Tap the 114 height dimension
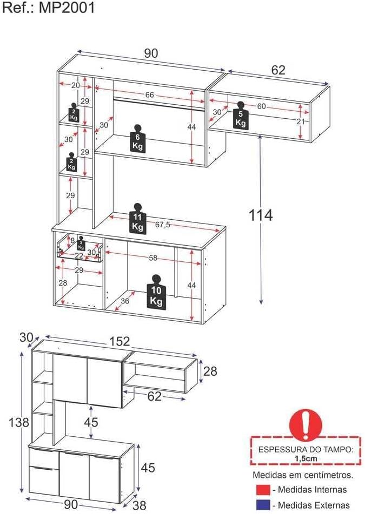click(x=261, y=215)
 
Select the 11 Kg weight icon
click(x=138, y=219)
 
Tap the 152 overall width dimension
click(x=120, y=341)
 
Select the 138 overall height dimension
click(x=11, y=423)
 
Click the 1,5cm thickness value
click(x=306, y=458)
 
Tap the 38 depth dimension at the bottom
click(x=140, y=505)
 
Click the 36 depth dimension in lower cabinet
click(x=125, y=301)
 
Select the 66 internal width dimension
click(x=149, y=95)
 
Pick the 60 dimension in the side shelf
click(x=261, y=106)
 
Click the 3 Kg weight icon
click(x=81, y=243)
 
